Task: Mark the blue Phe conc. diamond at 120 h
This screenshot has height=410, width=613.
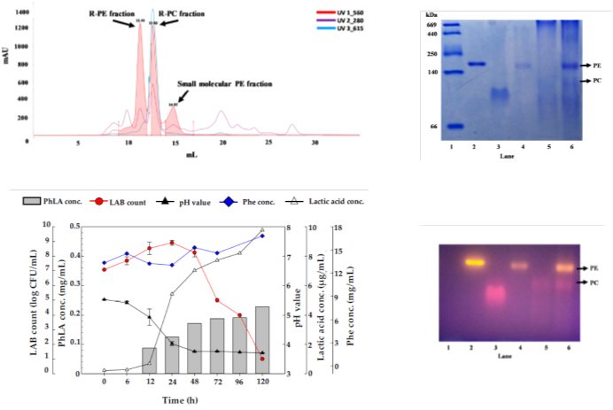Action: (x=262, y=236)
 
